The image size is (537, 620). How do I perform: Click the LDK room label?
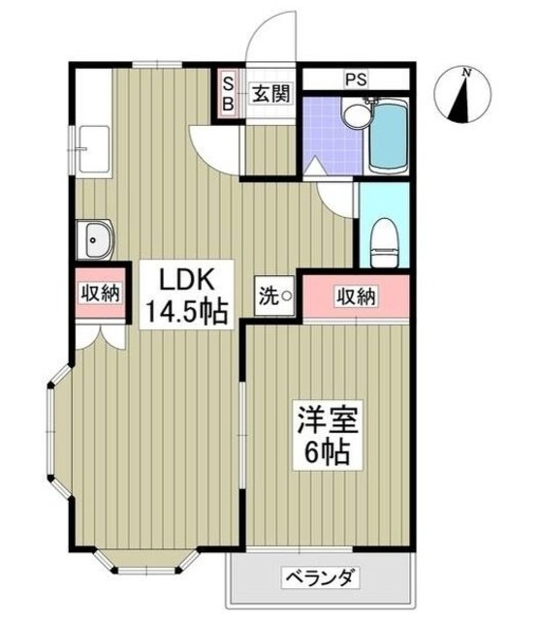click(x=187, y=281)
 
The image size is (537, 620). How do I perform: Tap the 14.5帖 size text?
click(x=187, y=312)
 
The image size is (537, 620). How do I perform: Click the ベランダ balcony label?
click(x=322, y=579)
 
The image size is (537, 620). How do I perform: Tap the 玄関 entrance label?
click(x=270, y=94)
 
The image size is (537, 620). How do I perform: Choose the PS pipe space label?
click(x=355, y=79)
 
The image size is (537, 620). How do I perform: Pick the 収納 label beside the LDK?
click(x=100, y=292)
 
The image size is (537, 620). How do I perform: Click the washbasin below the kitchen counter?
click(x=96, y=236)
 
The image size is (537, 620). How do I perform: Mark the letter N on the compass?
click(x=466, y=72)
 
